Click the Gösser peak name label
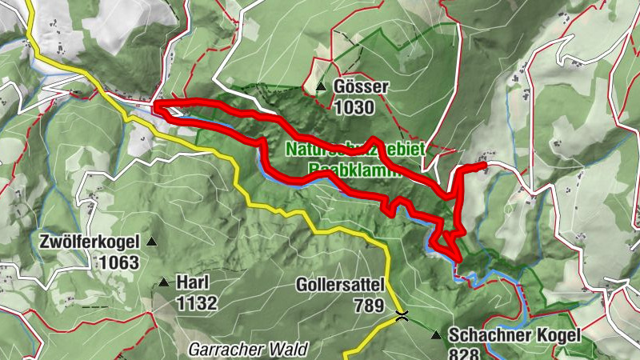point(362,86)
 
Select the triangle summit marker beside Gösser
point(321,86)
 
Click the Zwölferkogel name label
point(89,241)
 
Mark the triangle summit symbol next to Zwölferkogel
point(151,241)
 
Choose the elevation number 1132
point(198,302)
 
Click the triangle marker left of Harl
point(164,282)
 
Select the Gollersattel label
point(341,284)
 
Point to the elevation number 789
point(369,304)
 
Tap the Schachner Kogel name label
point(514,335)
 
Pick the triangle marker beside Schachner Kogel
point(436,335)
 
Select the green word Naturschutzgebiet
point(355,149)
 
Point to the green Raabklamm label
point(355,170)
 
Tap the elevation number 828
point(464,354)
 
